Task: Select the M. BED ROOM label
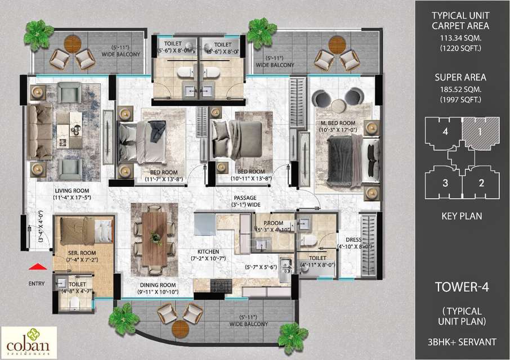point(339,124)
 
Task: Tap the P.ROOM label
point(272,223)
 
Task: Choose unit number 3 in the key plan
point(445,183)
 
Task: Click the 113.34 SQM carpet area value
point(462,39)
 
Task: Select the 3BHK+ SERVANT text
point(462,341)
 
